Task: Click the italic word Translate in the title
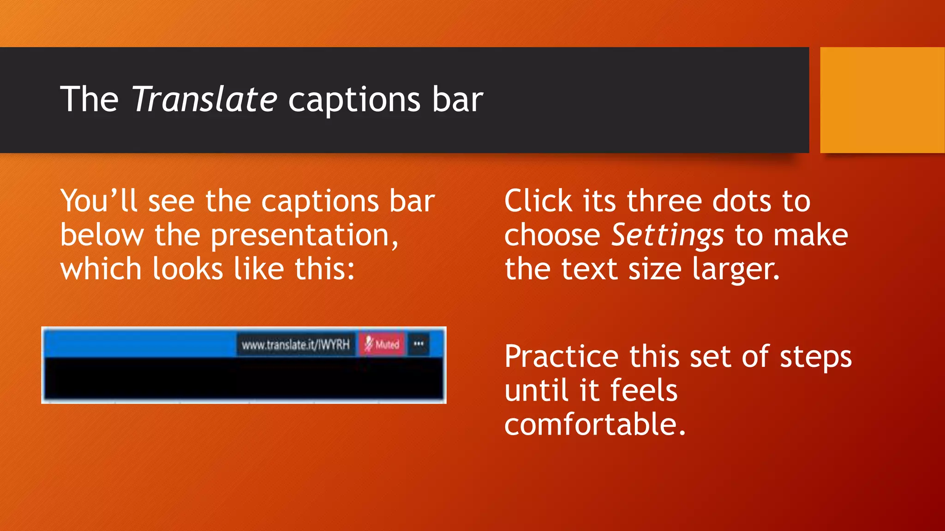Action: pos(204,100)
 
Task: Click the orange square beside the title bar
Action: pos(882,100)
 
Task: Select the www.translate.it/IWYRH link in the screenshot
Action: pos(296,344)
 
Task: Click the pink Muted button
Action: pos(382,344)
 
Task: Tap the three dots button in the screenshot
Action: pos(419,344)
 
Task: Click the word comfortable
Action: pos(594,424)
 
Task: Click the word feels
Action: pos(644,390)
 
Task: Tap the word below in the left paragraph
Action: pos(102,235)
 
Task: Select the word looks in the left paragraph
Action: pos(188,269)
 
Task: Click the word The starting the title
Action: pos(89,100)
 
